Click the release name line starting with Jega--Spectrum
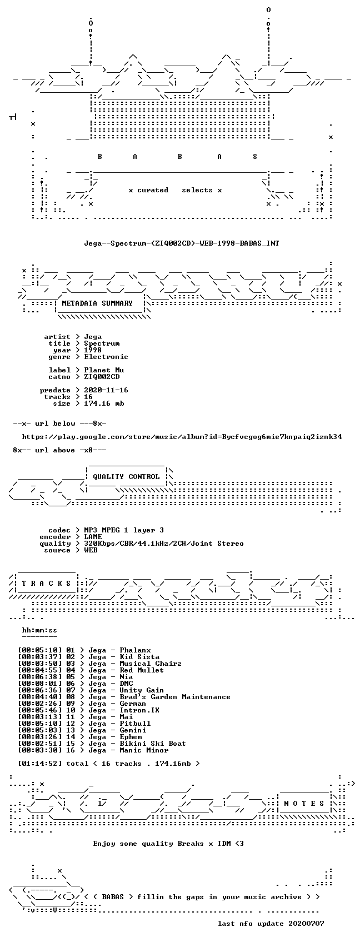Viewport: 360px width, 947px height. [x=182, y=243]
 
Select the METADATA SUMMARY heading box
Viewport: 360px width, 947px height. [x=97, y=303]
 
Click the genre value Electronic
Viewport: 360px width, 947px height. [x=106, y=357]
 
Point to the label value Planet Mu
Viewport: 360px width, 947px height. [x=104, y=370]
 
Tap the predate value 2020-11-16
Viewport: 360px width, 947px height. [x=106, y=390]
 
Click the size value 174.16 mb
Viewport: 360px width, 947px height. [x=104, y=403]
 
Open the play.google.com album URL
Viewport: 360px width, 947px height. [x=182, y=437]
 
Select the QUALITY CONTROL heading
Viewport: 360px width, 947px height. [x=126, y=476]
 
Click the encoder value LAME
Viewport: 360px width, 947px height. [x=93, y=536]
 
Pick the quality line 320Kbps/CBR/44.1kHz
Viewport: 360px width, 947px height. [x=164, y=544]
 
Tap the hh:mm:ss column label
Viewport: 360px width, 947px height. [x=39, y=630]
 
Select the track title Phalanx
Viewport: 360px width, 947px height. [x=135, y=650]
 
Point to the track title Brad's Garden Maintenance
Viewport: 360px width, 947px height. [x=175, y=697]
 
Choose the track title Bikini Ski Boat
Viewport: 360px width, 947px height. [x=153, y=743]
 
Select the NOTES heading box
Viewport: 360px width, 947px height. [x=304, y=803]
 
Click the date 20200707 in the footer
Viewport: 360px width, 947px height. [x=306, y=923]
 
